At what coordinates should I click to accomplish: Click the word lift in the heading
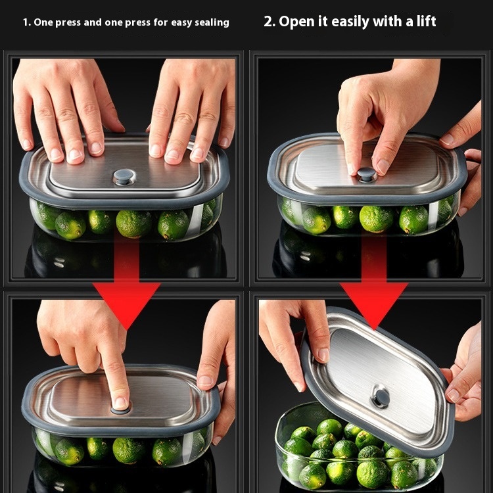click(x=426, y=21)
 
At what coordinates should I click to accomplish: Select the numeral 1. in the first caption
click(x=27, y=22)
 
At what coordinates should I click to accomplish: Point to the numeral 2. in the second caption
click(x=270, y=22)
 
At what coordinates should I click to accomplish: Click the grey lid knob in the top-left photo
click(x=124, y=176)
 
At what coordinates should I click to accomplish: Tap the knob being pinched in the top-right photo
click(x=366, y=174)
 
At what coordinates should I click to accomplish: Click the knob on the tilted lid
click(x=381, y=397)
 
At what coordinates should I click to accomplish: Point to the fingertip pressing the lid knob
click(x=120, y=402)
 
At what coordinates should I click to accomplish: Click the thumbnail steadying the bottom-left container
click(x=205, y=381)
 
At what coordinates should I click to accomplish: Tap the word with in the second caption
click(x=388, y=21)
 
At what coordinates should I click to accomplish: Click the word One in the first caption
click(x=43, y=22)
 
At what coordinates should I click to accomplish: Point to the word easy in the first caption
click(x=181, y=23)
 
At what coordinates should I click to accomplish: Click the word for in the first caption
click(x=160, y=22)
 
